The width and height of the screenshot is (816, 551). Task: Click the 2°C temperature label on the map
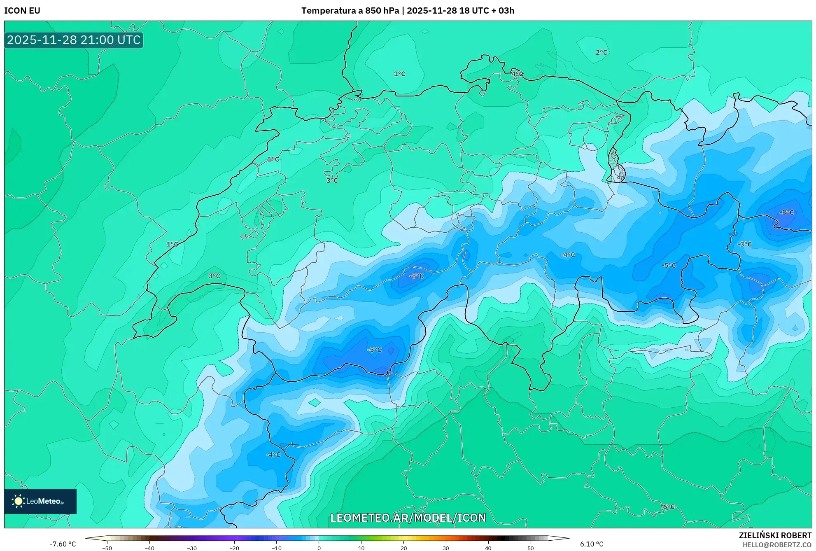click(x=601, y=52)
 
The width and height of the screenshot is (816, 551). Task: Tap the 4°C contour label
click(x=517, y=74)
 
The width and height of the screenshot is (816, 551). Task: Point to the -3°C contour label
click(x=744, y=244)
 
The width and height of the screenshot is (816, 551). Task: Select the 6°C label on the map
click(x=669, y=507)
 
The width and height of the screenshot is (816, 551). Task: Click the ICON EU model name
click(x=22, y=11)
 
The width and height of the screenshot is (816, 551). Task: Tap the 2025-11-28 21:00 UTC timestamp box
click(x=74, y=40)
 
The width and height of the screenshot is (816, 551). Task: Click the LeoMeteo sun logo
click(x=18, y=501)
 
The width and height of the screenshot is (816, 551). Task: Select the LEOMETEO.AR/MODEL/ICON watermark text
click(x=408, y=518)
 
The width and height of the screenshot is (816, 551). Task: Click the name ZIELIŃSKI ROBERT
click(x=775, y=535)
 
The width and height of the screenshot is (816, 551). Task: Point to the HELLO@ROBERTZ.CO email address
click(x=777, y=545)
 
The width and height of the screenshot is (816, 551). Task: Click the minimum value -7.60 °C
click(x=63, y=544)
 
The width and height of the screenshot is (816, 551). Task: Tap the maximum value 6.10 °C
click(x=592, y=544)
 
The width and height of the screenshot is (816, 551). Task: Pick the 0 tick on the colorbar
click(x=319, y=548)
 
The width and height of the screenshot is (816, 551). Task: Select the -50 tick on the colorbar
click(x=107, y=548)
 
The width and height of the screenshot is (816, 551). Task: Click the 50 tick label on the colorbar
click(x=530, y=548)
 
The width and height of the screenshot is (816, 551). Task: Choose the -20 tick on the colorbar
click(x=234, y=548)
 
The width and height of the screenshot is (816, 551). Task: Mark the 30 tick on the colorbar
click(x=446, y=548)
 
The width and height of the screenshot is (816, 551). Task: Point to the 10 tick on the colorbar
click(x=361, y=548)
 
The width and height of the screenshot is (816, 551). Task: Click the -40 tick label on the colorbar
click(x=149, y=548)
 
